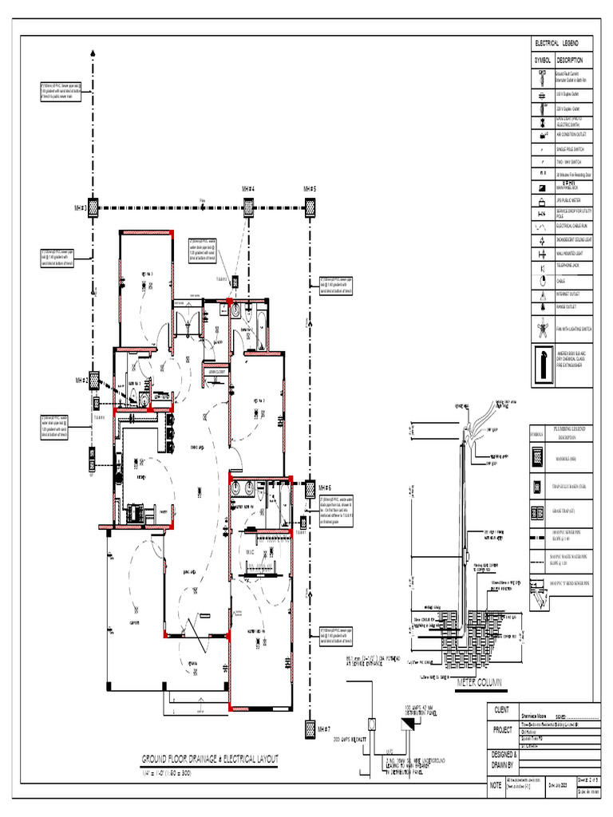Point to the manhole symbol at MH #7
tap(309, 728)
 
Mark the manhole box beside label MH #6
tap(309, 487)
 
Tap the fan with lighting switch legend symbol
tap(542, 328)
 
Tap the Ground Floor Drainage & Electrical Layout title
tap(211, 759)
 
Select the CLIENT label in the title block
tap(502, 709)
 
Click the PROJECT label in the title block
tap(502, 731)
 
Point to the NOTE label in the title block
tap(495, 786)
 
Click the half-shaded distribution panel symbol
tap(407, 724)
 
